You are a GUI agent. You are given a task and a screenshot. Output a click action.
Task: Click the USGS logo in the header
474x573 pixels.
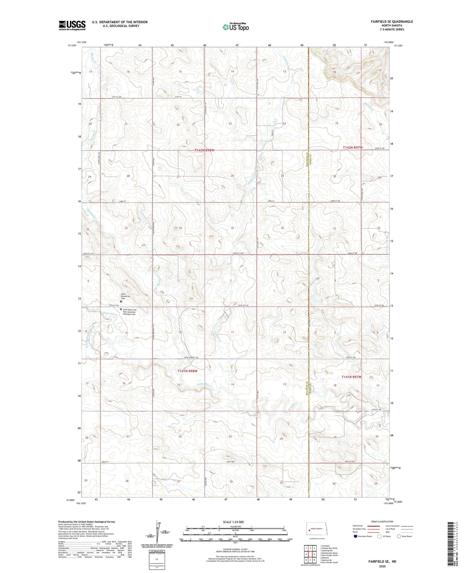click(72, 25)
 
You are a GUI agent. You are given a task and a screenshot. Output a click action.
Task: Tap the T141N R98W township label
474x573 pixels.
click(187, 371)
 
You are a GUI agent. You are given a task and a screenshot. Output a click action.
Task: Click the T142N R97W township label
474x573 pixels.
click(353, 148)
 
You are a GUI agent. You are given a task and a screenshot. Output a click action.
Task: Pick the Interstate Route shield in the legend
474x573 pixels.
click(356, 536)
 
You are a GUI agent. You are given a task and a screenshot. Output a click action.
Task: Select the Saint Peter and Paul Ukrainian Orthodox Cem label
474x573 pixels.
click(129, 312)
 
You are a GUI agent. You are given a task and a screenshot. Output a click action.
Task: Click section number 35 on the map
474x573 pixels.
click(232, 228)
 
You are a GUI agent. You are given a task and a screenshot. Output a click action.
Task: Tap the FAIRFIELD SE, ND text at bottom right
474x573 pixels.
click(382, 562)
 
